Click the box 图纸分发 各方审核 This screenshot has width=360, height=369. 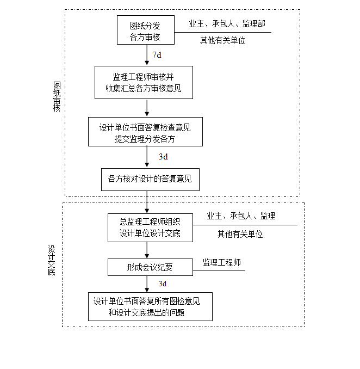146,30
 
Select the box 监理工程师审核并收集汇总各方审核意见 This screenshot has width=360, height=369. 144,82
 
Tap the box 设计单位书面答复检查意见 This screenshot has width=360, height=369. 145,132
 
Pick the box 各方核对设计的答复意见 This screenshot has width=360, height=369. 150,179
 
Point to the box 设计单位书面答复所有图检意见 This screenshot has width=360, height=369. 150,306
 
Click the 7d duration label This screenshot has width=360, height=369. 157,55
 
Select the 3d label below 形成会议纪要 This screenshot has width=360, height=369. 163,284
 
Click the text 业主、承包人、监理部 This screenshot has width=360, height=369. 227,24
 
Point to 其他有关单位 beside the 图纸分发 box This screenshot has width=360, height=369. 222,40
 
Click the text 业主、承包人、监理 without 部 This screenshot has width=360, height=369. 241,216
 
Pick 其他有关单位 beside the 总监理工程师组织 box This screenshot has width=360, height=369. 240,234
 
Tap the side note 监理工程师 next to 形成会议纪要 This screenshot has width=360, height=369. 221,263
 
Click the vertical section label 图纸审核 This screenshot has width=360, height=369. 57,96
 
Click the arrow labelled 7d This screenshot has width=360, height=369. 147,55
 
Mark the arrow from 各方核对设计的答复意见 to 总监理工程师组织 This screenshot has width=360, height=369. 147,202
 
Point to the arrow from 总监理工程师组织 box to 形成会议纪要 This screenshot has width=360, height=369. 147,250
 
